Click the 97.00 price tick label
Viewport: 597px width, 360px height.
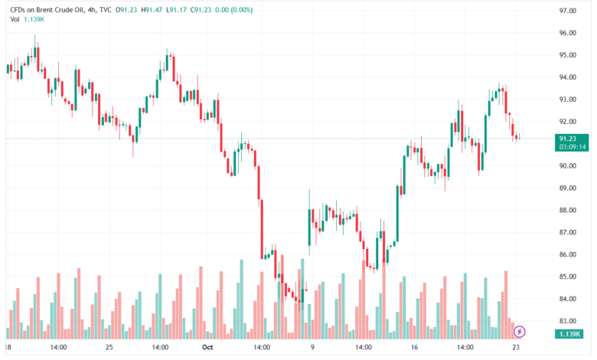pos(567,11)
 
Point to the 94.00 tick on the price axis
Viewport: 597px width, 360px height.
pos(567,77)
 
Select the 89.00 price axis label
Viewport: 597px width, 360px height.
pos(567,188)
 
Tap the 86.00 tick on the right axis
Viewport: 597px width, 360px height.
pos(567,255)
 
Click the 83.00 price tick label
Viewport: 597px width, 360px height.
pos(567,321)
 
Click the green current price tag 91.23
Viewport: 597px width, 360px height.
pos(568,139)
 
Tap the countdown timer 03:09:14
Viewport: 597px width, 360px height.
pos(573,146)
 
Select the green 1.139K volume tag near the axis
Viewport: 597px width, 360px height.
pos(569,334)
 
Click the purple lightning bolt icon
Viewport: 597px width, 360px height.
pos(520,332)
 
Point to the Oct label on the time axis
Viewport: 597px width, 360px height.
pos(207,348)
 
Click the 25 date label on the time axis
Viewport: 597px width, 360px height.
pos(109,348)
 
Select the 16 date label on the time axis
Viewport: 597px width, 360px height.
pos(414,348)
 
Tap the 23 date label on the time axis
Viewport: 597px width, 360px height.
pos(516,348)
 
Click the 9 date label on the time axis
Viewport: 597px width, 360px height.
pos(312,348)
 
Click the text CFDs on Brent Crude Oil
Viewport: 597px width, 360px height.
pos(47,10)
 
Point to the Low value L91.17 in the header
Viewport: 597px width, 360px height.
pos(176,10)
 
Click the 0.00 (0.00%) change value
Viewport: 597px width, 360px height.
pos(233,10)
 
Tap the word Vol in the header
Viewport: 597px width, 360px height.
pos(15,19)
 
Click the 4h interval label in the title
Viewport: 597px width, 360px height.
pos(91,10)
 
